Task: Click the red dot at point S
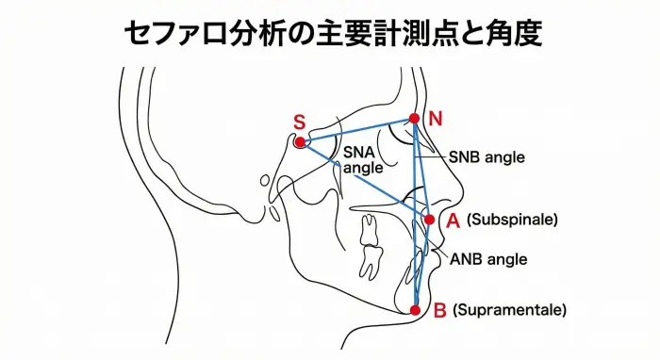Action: click(x=300, y=142)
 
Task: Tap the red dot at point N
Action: click(x=413, y=119)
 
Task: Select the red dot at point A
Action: click(x=429, y=220)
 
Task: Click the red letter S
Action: click(x=299, y=123)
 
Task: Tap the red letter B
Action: click(x=439, y=309)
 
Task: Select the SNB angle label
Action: click(x=487, y=156)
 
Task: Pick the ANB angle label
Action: click(x=488, y=259)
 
